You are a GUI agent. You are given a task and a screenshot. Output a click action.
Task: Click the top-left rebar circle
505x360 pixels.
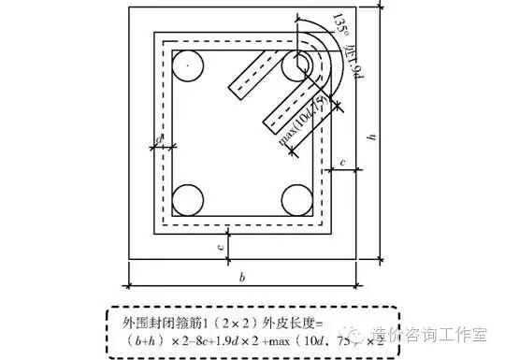pos(189,65)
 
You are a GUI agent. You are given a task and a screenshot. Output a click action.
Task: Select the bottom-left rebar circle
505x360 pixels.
pos(189,200)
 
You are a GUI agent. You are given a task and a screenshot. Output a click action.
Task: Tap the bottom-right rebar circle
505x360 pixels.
pos(298,200)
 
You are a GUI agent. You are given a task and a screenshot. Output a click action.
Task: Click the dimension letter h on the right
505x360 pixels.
pos(373,137)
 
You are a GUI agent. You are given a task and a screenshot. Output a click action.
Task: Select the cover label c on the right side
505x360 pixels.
pos(344,163)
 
